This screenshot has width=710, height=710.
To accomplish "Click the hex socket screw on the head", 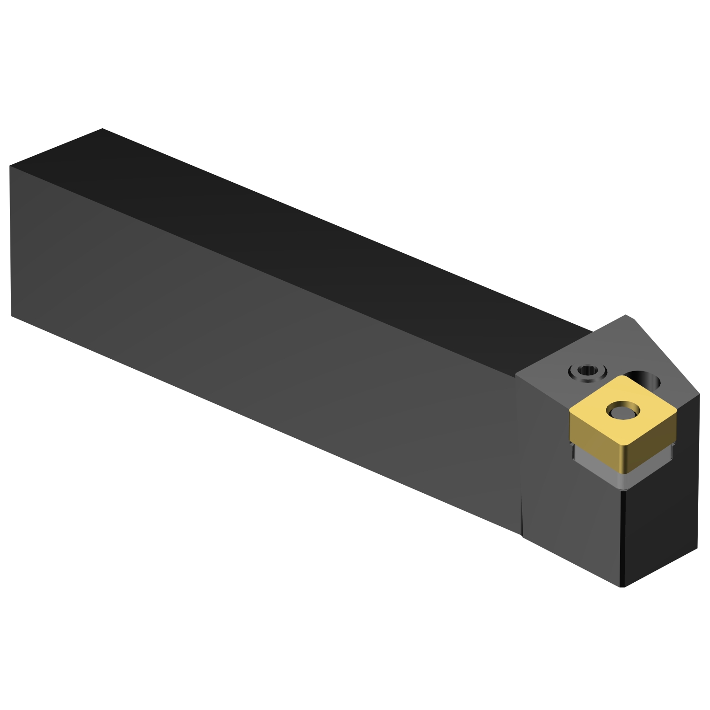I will point(587,373).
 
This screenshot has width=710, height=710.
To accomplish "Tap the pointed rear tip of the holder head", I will point(627,315).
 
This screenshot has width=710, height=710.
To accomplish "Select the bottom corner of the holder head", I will point(622,587).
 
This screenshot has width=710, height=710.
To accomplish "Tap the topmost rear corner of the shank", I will point(102,129).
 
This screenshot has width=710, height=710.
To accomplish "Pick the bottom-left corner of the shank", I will point(11,315).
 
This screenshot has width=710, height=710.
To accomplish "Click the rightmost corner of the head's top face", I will point(699,394).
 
